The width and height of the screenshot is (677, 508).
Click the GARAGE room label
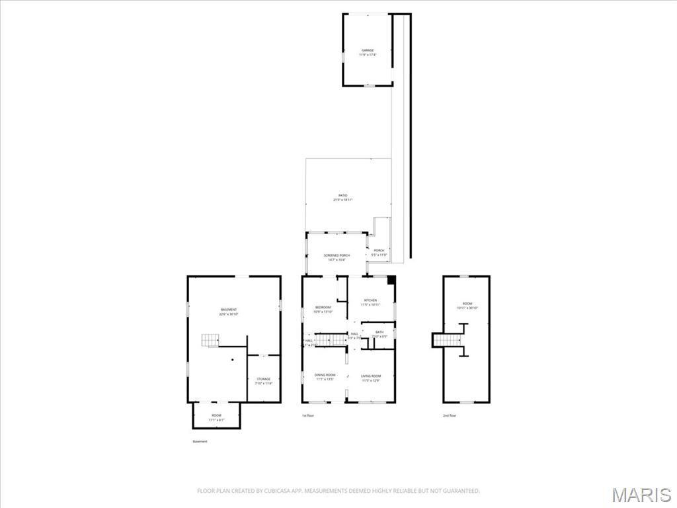click(368, 50)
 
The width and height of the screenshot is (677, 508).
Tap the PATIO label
click(343, 196)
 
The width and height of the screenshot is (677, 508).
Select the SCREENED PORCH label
click(337, 255)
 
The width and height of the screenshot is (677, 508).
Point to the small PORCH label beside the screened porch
click(379, 251)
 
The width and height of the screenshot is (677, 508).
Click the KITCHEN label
click(370, 300)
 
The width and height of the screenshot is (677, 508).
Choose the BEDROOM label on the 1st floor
click(323, 308)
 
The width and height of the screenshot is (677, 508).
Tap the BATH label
click(379, 332)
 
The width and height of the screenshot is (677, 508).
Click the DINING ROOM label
click(325, 376)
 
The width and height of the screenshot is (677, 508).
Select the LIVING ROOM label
click(371, 376)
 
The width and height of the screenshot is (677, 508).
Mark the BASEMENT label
click(229, 310)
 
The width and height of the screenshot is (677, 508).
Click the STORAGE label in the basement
click(263, 379)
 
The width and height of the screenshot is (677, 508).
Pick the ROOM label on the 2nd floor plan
click(467, 304)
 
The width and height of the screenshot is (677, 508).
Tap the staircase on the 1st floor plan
click(330, 339)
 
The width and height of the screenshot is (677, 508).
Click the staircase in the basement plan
click(210, 341)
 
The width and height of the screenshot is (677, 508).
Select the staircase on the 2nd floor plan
click(448, 340)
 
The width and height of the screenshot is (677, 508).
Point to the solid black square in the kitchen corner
click(391, 280)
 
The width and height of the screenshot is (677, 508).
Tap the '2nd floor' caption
click(450, 415)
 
